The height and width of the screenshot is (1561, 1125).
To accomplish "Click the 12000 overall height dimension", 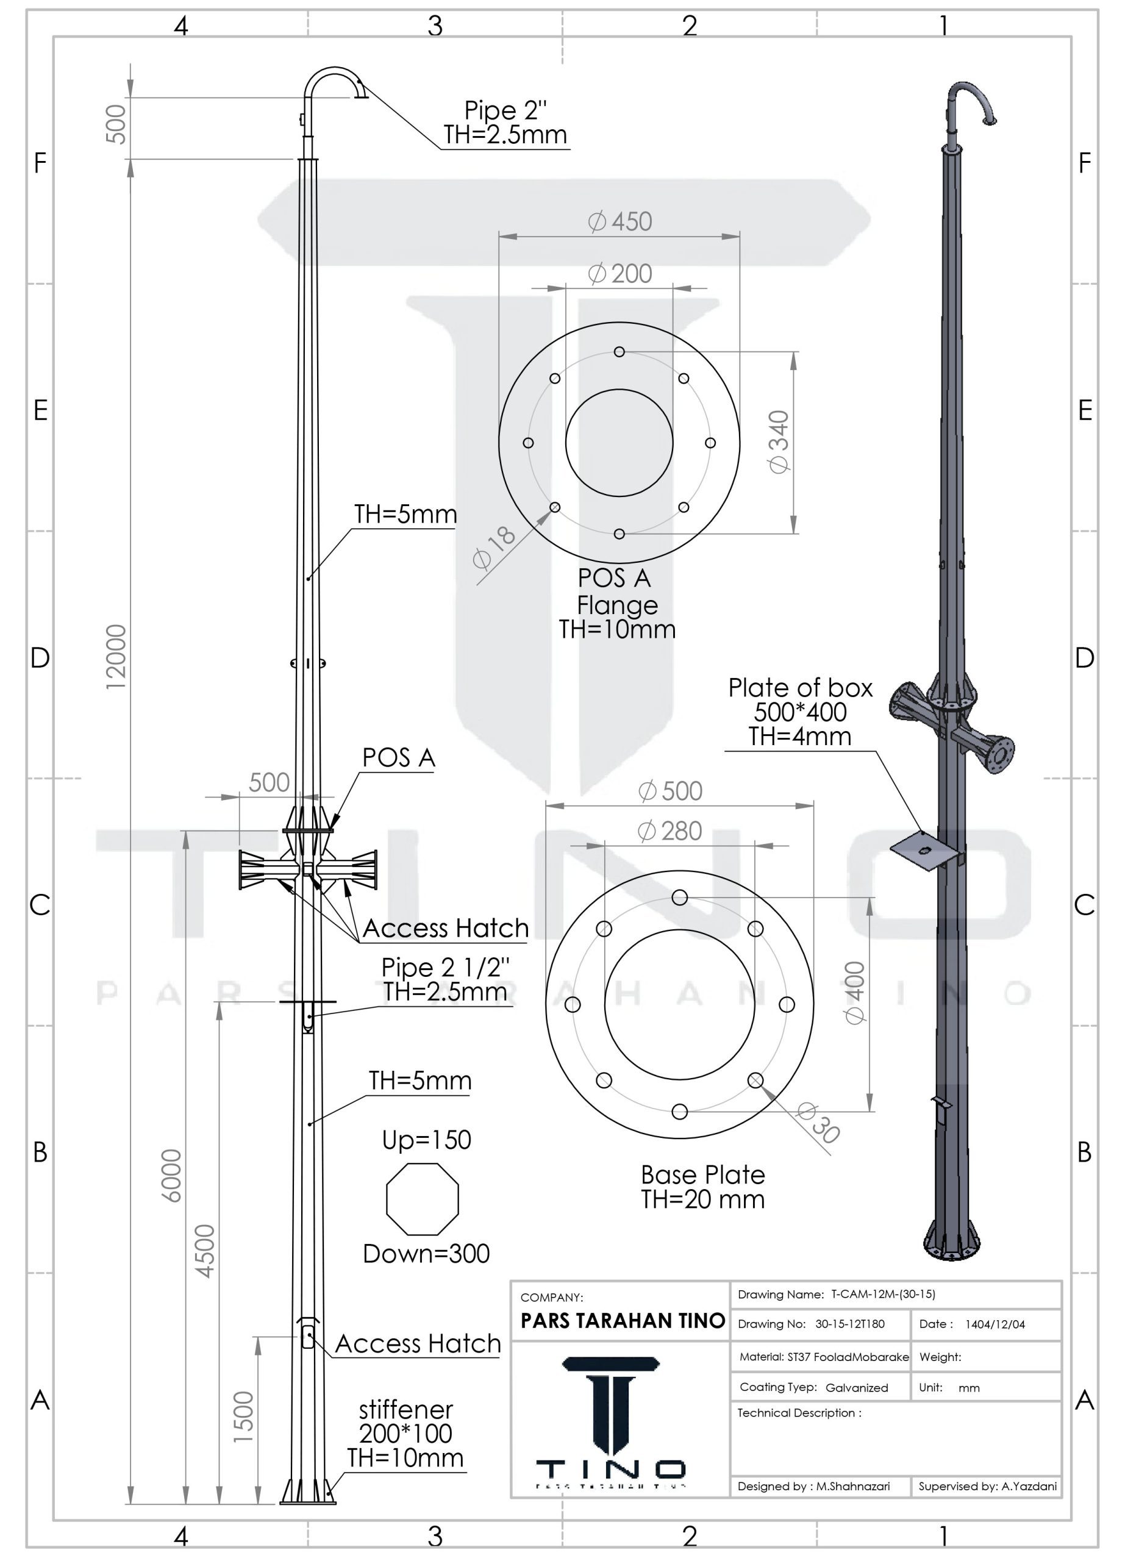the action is coord(116,657).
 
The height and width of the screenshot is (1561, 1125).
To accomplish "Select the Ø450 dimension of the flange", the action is coord(620,221).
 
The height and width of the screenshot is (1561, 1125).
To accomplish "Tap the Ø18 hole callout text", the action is coord(494,548).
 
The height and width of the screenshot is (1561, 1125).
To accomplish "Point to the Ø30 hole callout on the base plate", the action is coord(818,1123).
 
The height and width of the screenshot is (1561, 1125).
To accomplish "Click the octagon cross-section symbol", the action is coord(423,1199).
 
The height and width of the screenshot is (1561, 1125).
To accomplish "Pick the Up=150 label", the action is coord(427,1140).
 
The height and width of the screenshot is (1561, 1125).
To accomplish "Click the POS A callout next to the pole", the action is coord(398,757).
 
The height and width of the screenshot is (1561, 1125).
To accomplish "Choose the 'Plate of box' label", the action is coord(800,688).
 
